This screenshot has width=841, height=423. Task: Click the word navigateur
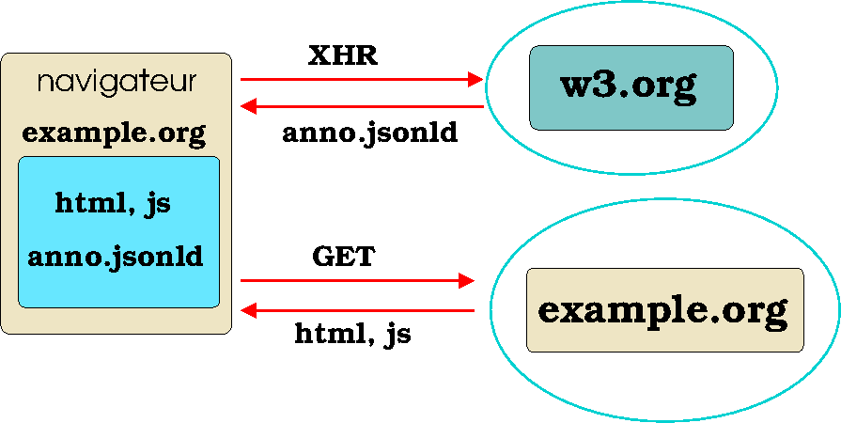pos(117,83)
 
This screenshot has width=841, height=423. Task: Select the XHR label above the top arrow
pos(343,56)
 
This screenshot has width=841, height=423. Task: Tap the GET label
pos(343,257)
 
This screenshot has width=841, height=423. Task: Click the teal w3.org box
pos(631,87)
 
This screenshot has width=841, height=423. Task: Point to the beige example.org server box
pos(664,310)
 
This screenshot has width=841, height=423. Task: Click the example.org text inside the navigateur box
pos(114,133)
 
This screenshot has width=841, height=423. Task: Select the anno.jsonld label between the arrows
pos(370,133)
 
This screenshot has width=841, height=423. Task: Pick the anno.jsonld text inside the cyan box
pos(116,257)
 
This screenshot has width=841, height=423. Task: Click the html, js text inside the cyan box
pos(113,203)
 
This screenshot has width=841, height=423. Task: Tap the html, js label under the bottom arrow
pos(352,333)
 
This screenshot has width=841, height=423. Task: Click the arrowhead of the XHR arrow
pos(475,80)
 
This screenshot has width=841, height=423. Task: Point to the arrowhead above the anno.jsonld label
pos(248,107)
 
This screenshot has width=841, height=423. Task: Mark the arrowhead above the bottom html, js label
pos(248,310)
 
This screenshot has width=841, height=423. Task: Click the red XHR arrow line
pos(357,80)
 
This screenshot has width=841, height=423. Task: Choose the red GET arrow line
pos(352,280)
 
